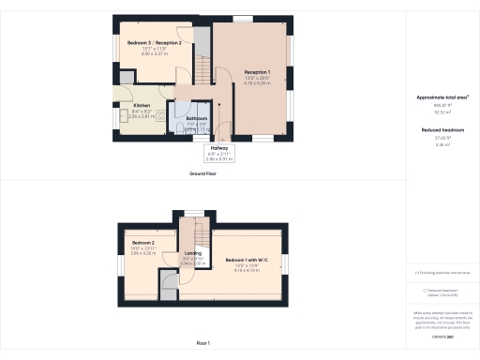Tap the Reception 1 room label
click(257, 71)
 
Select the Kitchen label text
click(142, 105)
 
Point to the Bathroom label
click(197, 118)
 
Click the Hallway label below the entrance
click(219, 147)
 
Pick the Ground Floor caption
click(203, 173)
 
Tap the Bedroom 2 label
click(143, 242)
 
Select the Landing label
click(194, 253)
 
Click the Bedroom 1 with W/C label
click(248, 260)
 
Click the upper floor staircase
click(196, 232)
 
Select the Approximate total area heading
click(442, 97)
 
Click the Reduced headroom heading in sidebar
click(442, 129)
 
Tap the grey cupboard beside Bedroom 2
click(169, 285)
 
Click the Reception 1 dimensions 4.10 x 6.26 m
click(257, 83)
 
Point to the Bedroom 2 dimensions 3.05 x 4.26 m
click(143, 253)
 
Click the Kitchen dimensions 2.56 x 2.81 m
click(142, 116)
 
